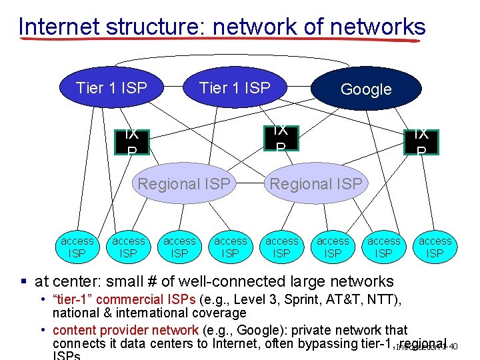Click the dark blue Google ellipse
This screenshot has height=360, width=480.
click(366, 89)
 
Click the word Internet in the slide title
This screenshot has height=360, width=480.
click(58, 27)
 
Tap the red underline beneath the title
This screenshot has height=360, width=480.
click(220, 40)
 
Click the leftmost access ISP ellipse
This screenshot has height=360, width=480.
click(77, 247)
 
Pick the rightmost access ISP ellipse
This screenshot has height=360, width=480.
click(435, 247)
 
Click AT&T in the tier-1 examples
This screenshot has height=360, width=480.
click(354, 300)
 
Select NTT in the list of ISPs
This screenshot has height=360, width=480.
click(388, 300)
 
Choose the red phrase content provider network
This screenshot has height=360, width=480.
click(125, 330)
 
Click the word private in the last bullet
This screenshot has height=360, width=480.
click(303, 330)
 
